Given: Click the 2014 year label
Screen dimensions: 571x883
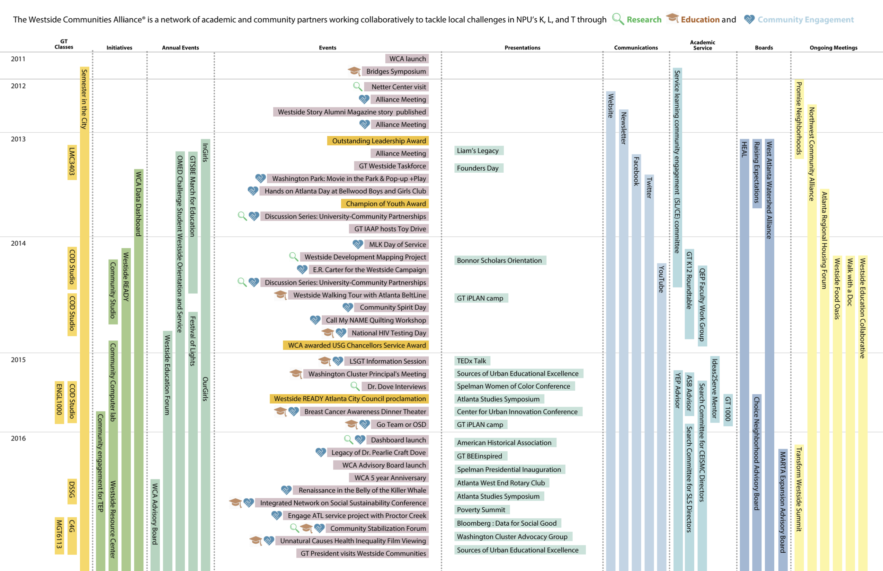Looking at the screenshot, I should pos(18,243).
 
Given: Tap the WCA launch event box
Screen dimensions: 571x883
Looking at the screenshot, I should pos(407,58).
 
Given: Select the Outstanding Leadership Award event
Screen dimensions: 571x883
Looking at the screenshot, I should pos(378,141).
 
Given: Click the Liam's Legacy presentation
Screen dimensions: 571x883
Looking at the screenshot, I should pos(478,151).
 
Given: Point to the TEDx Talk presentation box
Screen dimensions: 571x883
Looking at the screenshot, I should pos(472,361).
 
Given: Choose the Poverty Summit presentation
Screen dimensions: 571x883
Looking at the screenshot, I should pos(481,510).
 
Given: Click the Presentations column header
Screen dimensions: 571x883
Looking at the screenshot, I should pos(523,47).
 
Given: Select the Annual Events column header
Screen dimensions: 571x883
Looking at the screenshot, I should pos(180,47).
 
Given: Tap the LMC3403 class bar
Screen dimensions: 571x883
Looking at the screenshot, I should pos(72,162).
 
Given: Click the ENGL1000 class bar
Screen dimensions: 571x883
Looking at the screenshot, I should pos(59,402).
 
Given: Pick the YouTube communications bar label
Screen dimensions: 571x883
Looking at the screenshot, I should pos(661,279).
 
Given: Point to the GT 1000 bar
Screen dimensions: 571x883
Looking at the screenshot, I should pos(728,409).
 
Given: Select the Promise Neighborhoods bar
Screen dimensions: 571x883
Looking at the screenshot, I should pos(799,119).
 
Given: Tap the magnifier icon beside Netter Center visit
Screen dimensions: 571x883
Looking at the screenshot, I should pos(357,87).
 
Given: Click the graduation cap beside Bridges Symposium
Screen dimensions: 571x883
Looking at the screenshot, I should pos(354,71).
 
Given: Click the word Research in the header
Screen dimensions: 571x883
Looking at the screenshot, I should pos(644,20).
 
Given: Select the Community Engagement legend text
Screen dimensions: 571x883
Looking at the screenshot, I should pos(805,20).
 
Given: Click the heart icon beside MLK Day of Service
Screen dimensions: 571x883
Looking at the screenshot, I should pos(358,244).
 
